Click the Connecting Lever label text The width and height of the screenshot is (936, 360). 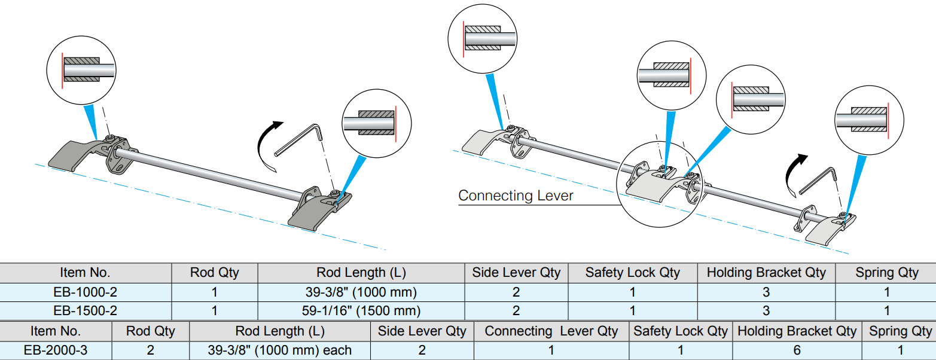(516, 196)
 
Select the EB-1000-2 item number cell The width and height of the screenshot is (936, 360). (85, 292)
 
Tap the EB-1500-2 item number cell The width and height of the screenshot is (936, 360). (85, 311)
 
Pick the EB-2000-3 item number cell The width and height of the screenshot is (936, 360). (56, 350)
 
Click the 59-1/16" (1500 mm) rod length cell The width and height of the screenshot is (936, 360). (361, 311)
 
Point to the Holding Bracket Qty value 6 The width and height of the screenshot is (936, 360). (797, 350)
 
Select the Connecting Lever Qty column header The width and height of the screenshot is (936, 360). (551, 331)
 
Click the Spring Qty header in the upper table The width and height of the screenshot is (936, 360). (886, 273)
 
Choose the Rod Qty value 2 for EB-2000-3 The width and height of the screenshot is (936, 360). (150, 350)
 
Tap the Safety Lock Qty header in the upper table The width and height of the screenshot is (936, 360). (632, 273)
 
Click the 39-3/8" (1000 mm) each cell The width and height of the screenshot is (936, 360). (279, 350)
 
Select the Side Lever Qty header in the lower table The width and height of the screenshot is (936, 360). (422, 331)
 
